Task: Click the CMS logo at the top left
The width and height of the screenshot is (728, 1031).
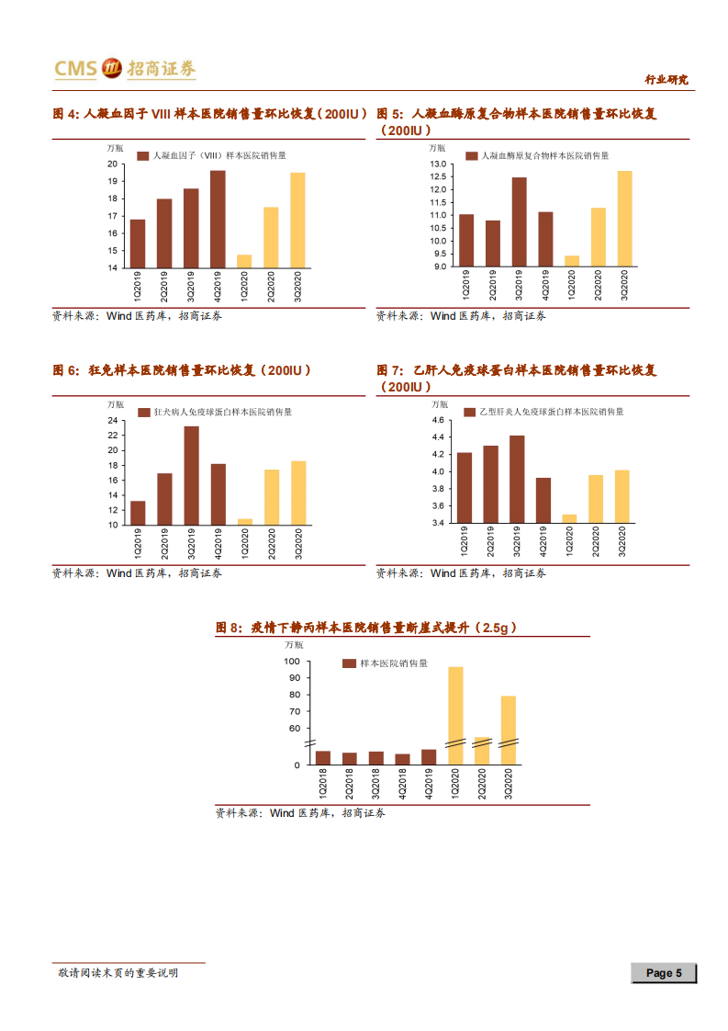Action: coord(124,68)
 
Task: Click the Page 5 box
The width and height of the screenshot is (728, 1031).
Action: coord(664,973)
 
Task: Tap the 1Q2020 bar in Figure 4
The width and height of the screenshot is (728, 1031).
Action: coord(244,261)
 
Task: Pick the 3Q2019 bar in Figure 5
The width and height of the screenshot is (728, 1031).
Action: coord(520,221)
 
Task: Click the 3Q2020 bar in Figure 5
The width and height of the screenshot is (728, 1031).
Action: coord(624,219)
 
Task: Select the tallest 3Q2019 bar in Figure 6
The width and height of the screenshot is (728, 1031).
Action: coord(191,475)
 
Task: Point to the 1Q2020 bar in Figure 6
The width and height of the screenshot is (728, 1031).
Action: coord(244,522)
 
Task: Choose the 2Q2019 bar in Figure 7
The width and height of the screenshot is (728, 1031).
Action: coord(491,484)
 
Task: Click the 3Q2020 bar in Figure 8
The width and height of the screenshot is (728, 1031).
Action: coord(508,730)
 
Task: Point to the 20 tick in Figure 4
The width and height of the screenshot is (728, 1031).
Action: coord(112,164)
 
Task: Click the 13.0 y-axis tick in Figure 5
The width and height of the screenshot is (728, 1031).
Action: coord(438,164)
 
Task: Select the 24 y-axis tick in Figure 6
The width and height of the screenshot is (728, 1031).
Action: coord(112,421)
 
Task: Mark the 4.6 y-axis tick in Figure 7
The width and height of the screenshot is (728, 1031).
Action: coord(438,421)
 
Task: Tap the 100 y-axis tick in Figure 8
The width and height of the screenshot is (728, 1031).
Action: coord(292,662)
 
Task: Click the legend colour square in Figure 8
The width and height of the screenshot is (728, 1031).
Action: coord(349,663)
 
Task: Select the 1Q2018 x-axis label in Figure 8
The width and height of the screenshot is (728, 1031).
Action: coord(323,787)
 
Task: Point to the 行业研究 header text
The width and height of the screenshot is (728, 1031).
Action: coord(666,80)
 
